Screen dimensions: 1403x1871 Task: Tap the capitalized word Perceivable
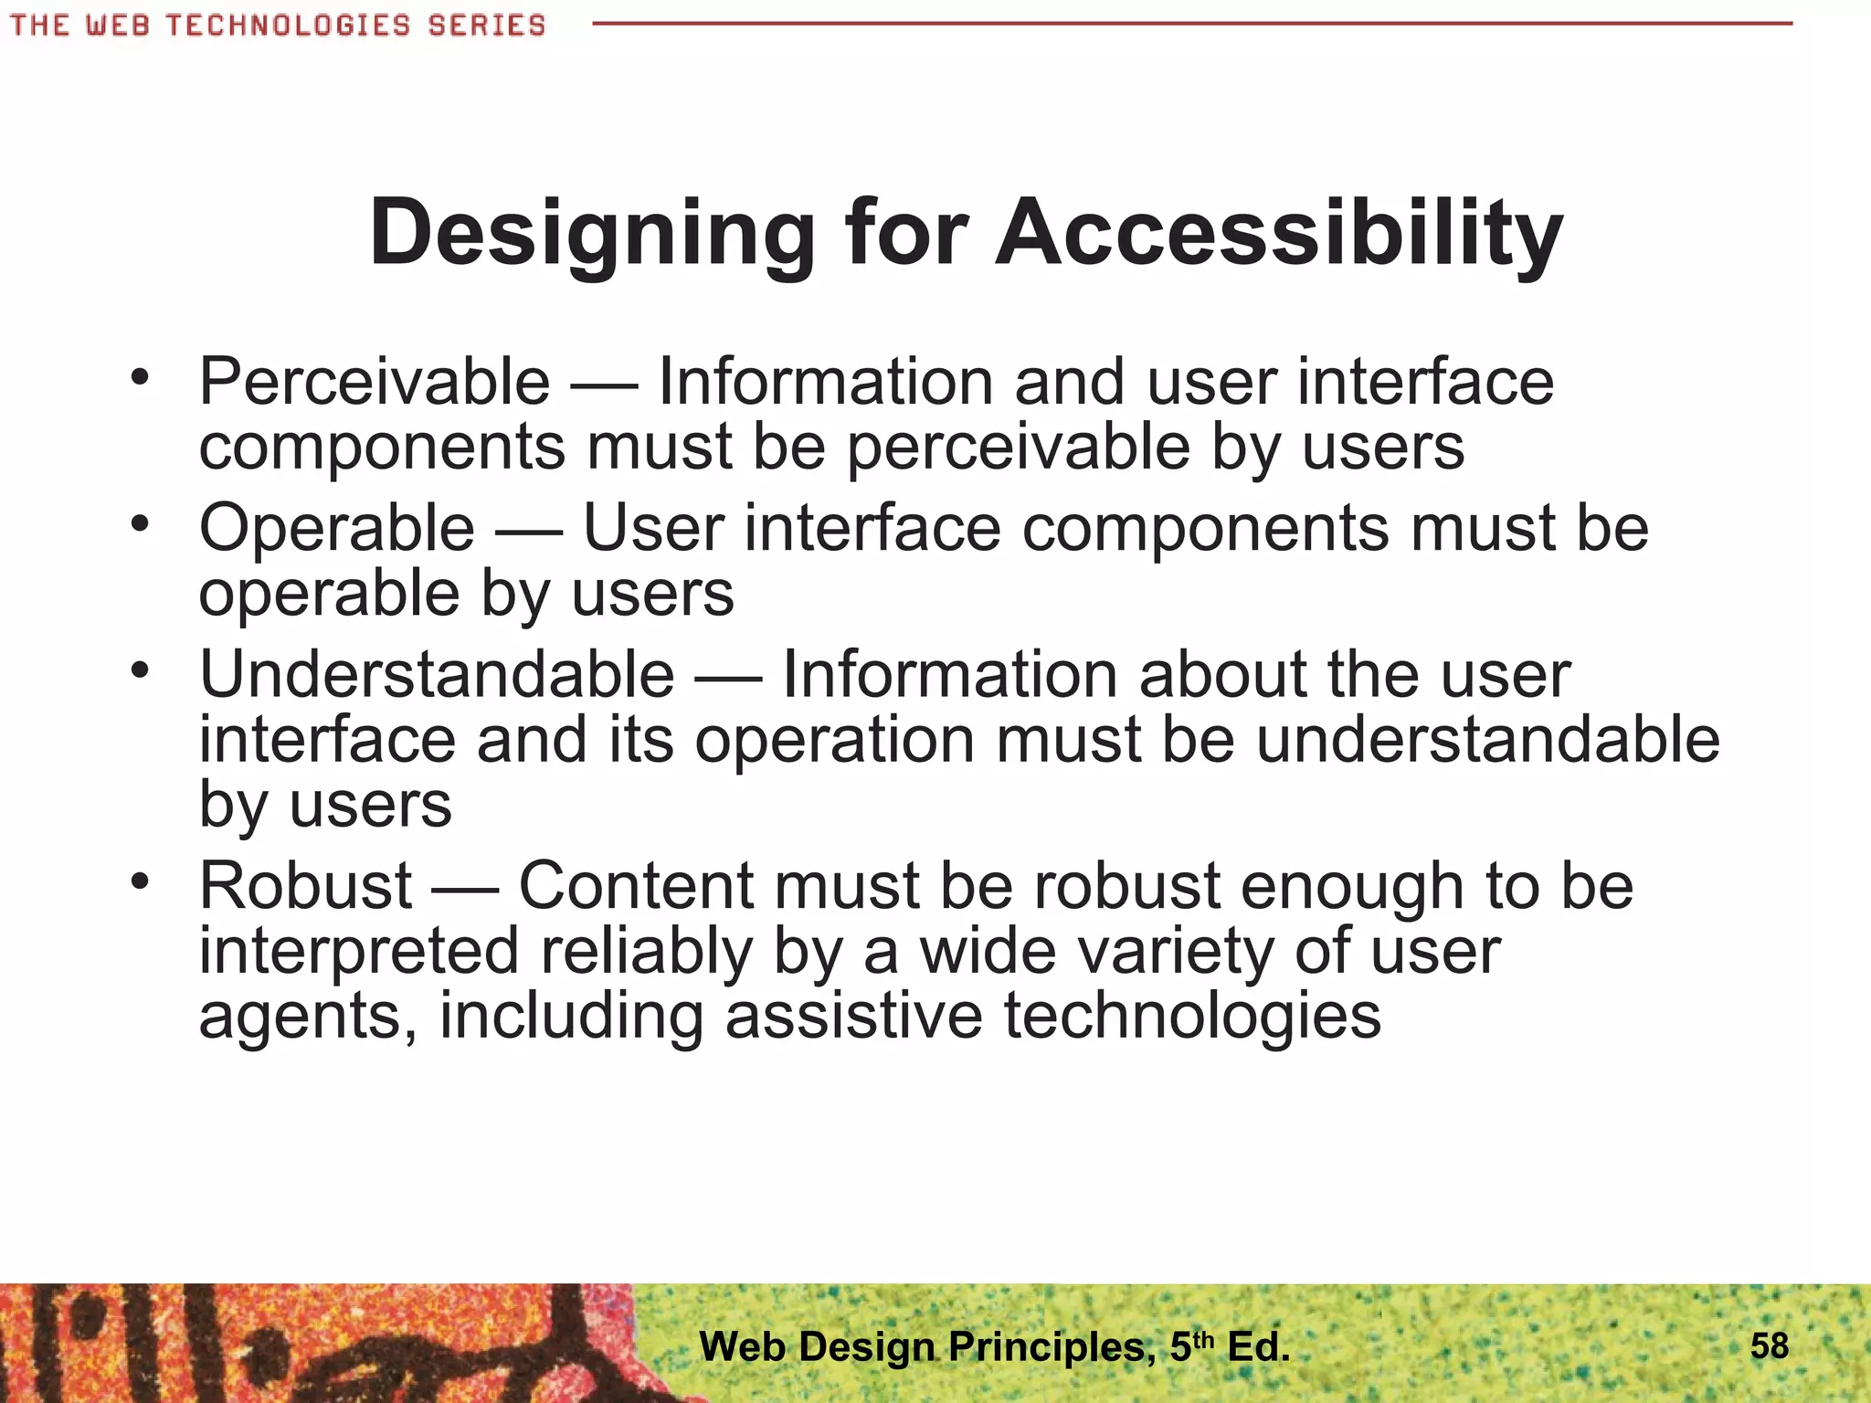coord(375,382)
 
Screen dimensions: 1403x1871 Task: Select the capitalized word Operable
coord(336,529)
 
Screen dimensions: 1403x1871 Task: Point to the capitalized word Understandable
coord(437,675)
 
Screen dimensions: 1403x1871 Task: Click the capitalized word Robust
coord(306,886)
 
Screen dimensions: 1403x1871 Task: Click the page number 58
coord(1769,1345)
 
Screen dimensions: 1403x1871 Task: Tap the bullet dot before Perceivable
coord(139,377)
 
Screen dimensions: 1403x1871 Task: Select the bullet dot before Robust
coord(139,881)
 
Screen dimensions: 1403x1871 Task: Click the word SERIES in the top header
coord(486,26)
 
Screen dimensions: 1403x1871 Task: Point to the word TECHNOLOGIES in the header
coord(288,26)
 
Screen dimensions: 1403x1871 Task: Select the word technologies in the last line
coord(1192,1017)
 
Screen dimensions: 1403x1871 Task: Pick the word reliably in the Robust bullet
coord(646,952)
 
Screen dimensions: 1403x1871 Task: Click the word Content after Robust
coord(636,886)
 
